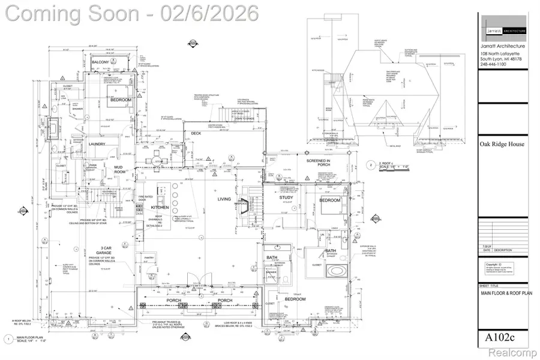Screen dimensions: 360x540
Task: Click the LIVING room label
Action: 224,199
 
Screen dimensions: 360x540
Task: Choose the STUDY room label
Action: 286,197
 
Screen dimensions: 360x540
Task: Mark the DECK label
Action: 196,134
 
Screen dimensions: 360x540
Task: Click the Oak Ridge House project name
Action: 502,144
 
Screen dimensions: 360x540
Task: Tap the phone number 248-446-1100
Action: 496,65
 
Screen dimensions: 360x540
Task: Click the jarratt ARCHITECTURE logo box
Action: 503,31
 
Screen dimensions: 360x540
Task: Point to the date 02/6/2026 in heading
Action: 209,13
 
